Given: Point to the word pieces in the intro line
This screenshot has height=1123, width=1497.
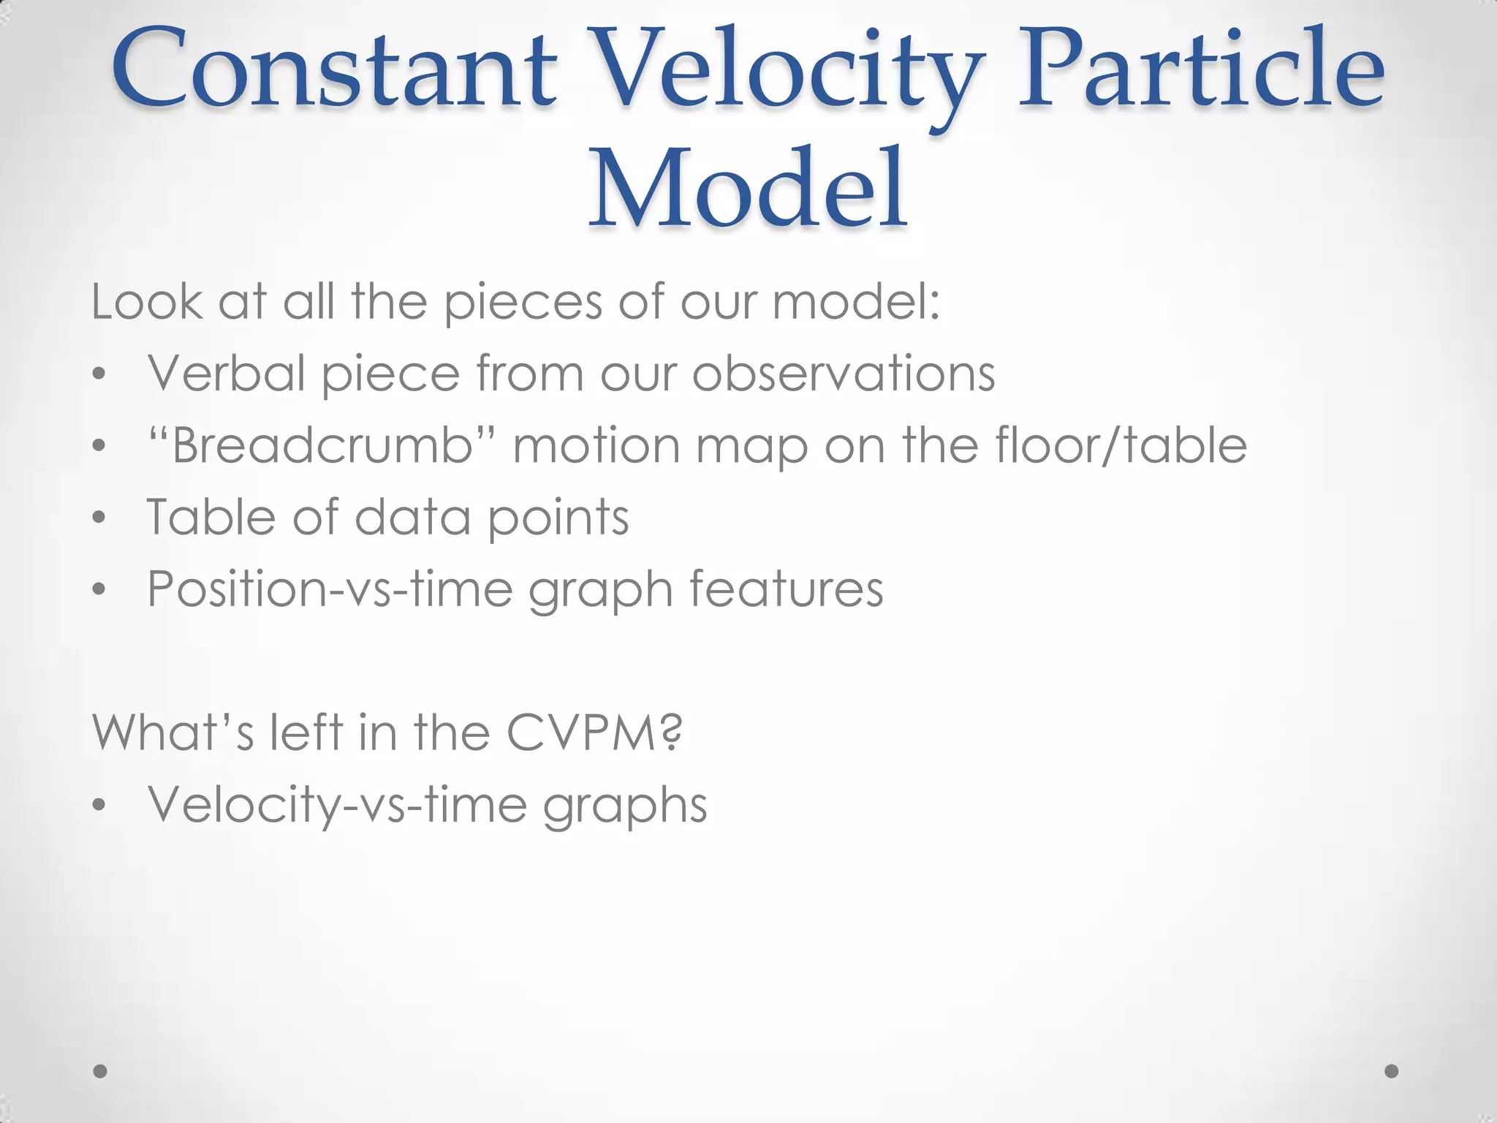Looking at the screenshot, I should (523, 303).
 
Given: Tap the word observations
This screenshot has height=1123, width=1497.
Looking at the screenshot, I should (844, 374).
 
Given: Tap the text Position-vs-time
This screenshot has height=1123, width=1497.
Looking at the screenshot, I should (330, 589).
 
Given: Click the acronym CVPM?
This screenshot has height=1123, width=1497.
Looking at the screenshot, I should (594, 732).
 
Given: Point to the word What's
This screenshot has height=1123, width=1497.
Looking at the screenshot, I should (173, 732).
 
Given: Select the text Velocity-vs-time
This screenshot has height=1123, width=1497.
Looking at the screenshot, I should (337, 804).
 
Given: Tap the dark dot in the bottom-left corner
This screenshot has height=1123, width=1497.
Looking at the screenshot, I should (101, 1071).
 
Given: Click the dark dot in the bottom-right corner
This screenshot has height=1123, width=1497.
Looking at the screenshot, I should (1392, 1071).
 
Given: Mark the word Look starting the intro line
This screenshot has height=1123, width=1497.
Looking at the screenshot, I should (146, 302).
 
